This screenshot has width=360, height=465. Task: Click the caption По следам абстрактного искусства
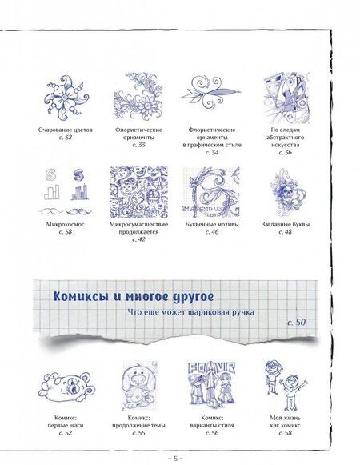tap(285, 137)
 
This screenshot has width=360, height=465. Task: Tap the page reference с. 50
tap(296, 323)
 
